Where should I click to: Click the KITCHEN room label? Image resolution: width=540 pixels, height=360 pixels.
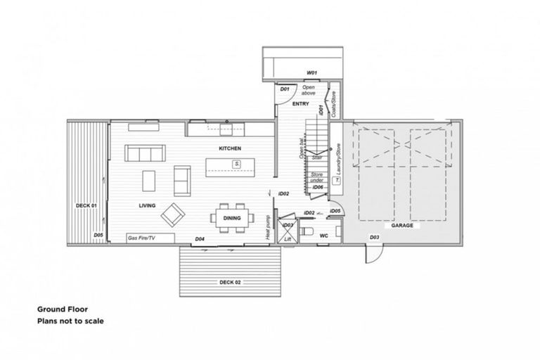tap(230, 149)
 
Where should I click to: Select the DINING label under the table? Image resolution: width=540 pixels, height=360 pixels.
tap(231, 218)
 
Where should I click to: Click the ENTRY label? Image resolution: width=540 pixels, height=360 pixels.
tap(301, 104)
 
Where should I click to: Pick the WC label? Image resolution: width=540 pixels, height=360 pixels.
tap(325, 236)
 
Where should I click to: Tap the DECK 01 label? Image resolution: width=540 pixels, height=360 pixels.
tap(85, 205)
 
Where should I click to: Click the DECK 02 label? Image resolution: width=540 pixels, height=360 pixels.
tap(230, 281)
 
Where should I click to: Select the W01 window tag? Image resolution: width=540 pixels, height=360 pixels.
tap(311, 72)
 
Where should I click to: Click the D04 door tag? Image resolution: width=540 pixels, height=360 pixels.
tap(200, 240)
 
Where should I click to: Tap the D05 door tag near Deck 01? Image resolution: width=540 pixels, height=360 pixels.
tap(98, 235)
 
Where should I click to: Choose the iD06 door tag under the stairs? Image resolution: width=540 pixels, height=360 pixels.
tap(318, 188)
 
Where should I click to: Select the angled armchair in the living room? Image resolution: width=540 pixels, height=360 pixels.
tap(173, 213)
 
